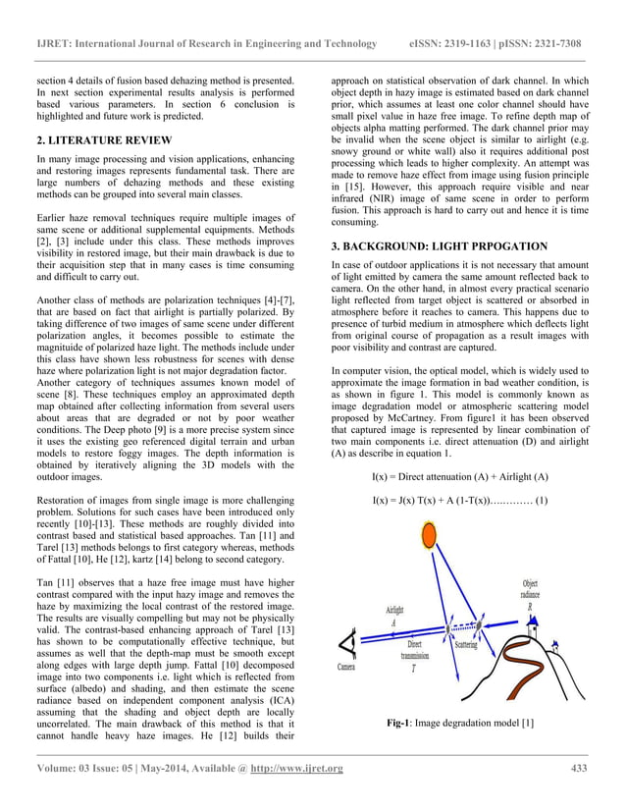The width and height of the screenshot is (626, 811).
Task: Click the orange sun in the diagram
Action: (x=429, y=534)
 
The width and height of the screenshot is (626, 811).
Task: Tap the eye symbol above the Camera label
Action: (x=349, y=645)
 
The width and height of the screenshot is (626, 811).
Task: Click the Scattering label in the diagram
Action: (x=467, y=645)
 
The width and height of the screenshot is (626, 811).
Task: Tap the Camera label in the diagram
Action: (x=347, y=665)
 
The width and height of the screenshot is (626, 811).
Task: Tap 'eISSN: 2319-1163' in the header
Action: (x=458, y=44)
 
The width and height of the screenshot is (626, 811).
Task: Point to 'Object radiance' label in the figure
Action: (x=530, y=590)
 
